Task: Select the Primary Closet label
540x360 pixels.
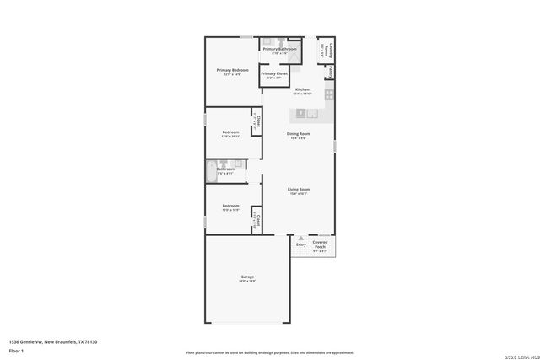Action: (274, 74)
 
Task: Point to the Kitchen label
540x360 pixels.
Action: (301, 89)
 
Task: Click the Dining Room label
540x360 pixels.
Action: (300, 134)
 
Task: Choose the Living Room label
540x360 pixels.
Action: (300, 190)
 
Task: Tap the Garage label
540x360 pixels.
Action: (247, 277)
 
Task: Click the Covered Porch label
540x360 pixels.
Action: (320, 246)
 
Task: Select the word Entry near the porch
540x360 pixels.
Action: (300, 244)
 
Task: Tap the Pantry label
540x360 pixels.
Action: (331, 72)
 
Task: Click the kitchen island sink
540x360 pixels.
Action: (311, 112)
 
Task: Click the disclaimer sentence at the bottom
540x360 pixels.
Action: (270, 352)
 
